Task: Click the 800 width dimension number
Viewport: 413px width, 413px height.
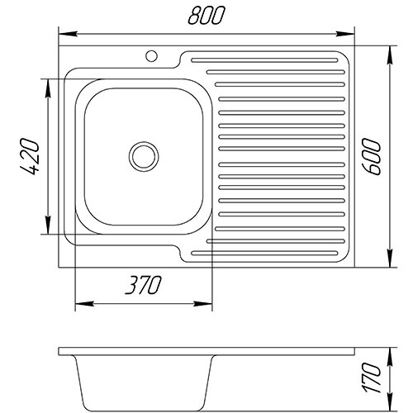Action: (x=206, y=15)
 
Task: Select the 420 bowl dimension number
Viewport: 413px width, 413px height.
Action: (x=30, y=157)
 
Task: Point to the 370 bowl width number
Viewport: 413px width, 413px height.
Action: (x=143, y=285)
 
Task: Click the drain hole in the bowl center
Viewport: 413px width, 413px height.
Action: (x=144, y=156)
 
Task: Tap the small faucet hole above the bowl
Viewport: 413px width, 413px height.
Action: (x=151, y=56)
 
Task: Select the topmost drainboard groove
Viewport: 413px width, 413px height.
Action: (x=264, y=60)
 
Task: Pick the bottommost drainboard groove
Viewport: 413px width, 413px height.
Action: (x=264, y=253)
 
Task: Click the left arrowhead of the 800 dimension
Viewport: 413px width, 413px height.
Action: (x=68, y=34)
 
